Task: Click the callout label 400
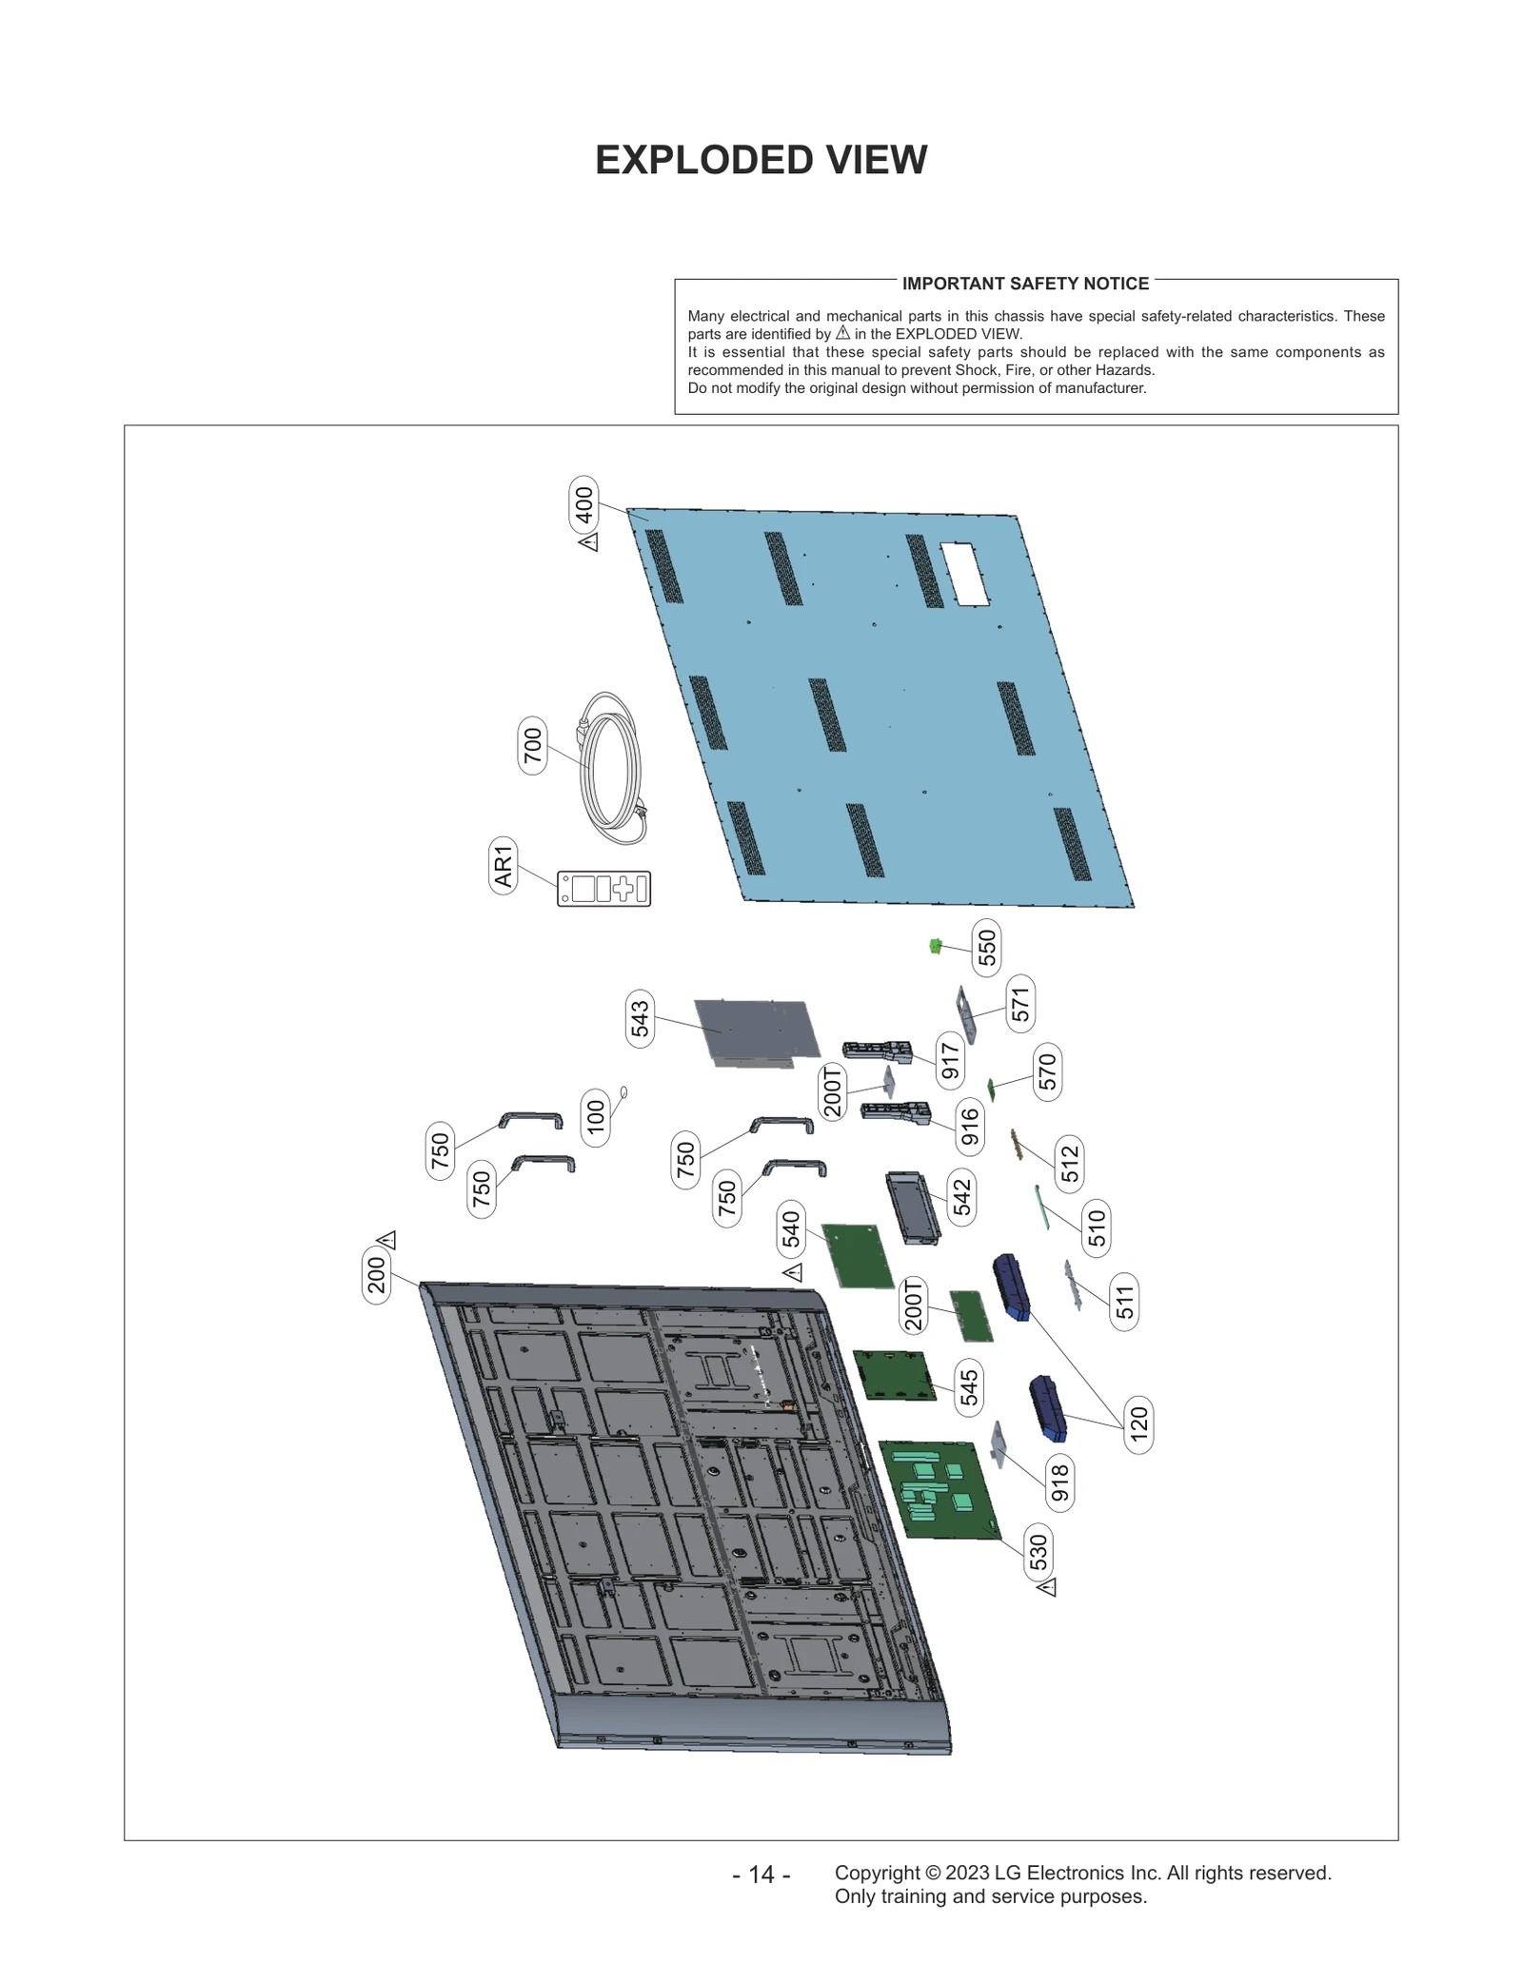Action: point(584,504)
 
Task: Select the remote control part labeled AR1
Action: point(603,888)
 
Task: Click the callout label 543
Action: point(640,1018)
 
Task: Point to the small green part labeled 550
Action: point(935,945)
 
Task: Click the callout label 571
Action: point(1019,1004)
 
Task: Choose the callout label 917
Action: point(950,1060)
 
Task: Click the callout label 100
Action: point(595,1117)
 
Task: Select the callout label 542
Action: point(962,1196)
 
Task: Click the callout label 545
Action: point(969,1387)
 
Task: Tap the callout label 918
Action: point(1059,1483)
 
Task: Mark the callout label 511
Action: point(1125,1302)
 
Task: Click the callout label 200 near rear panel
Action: point(377,1275)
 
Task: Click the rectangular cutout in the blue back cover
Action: point(964,574)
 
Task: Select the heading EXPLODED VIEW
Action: point(761,160)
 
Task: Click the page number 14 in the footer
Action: point(761,1874)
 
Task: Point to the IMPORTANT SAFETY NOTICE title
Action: point(1025,284)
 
